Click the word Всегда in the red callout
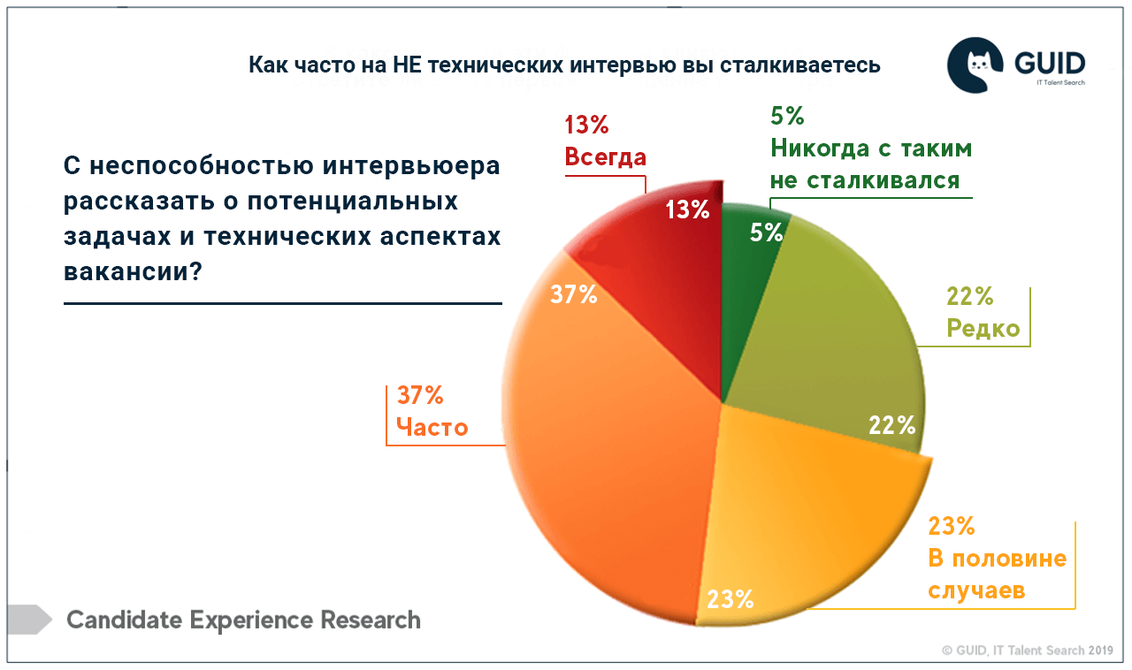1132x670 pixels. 606,157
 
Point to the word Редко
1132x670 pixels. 983,329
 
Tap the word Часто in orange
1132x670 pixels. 432,428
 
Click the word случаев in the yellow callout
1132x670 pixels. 976,590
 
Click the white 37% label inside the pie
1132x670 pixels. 573,294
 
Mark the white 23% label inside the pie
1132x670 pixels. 730,599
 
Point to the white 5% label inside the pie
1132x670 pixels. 766,232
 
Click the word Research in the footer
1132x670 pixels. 371,620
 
